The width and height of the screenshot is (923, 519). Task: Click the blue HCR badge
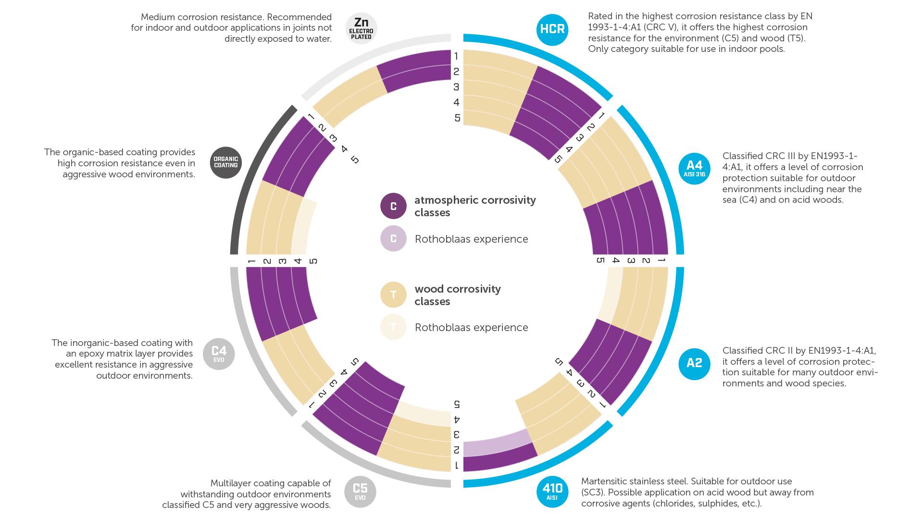pyautogui.click(x=552, y=29)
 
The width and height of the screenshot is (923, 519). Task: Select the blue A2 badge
pyautogui.click(x=694, y=363)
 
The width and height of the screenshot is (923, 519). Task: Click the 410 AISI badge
pyautogui.click(x=552, y=491)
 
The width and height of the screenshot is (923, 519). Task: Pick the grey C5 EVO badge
pyautogui.click(x=360, y=492)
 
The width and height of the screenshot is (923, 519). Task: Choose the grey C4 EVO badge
pyautogui.click(x=219, y=354)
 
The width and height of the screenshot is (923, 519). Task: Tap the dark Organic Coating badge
pyautogui.click(x=226, y=162)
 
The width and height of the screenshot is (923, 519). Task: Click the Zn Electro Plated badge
pyautogui.click(x=361, y=28)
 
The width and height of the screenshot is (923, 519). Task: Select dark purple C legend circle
pyautogui.click(x=393, y=206)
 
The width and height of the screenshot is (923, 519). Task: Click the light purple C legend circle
pyautogui.click(x=393, y=239)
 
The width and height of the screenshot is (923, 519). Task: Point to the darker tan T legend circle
pyautogui.click(x=393, y=295)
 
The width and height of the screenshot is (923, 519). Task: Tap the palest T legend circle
pyautogui.click(x=393, y=327)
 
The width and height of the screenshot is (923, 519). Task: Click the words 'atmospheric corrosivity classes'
pyautogui.click(x=475, y=206)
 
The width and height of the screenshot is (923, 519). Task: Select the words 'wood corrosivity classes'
pyautogui.click(x=458, y=295)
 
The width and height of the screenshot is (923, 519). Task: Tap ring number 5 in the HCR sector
pyautogui.click(x=457, y=118)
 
